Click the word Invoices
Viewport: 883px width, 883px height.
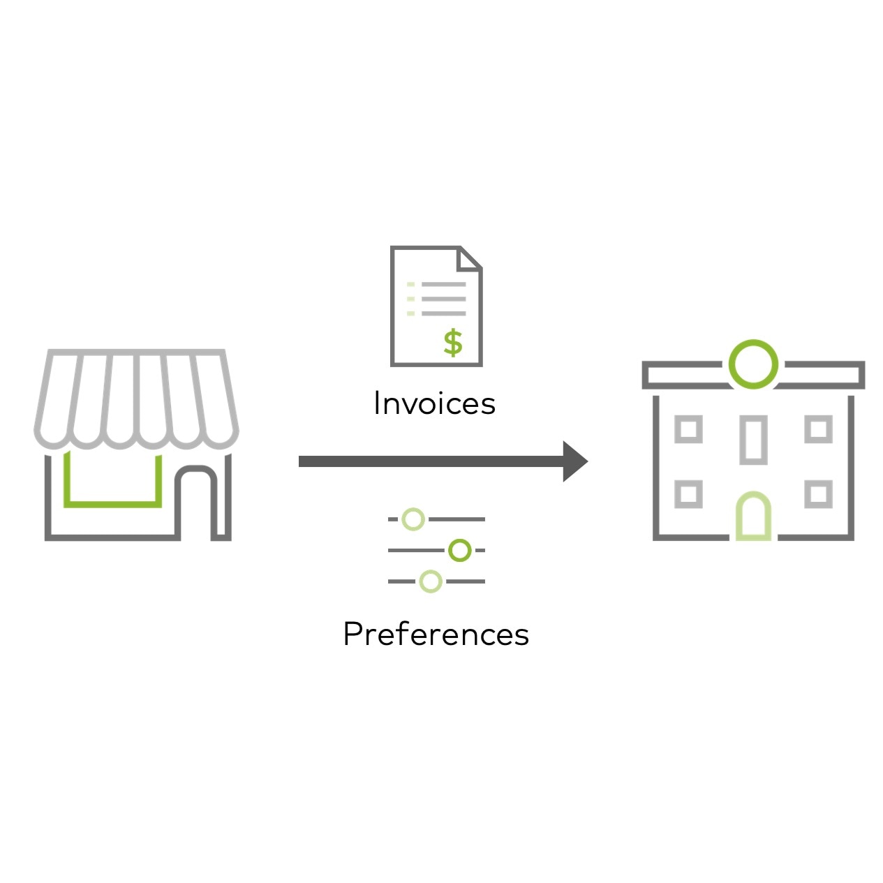(434, 403)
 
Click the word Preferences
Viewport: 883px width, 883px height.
(436, 634)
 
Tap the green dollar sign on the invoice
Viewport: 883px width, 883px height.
(453, 343)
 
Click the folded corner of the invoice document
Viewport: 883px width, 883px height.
(470, 258)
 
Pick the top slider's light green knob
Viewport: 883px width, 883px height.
(414, 519)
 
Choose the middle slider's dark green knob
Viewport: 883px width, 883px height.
(459, 550)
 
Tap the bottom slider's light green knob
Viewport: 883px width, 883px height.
(431, 581)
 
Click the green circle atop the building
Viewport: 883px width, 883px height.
(753, 364)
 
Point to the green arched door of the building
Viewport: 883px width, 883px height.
(753, 517)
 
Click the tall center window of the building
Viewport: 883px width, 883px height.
(753, 440)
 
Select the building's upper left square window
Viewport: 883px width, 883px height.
(688, 429)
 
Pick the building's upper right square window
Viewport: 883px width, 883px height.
(818, 429)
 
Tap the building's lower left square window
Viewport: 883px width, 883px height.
(688, 494)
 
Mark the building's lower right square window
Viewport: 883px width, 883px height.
(818, 494)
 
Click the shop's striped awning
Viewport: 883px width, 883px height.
(136, 398)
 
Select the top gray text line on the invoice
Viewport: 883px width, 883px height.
(443, 285)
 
